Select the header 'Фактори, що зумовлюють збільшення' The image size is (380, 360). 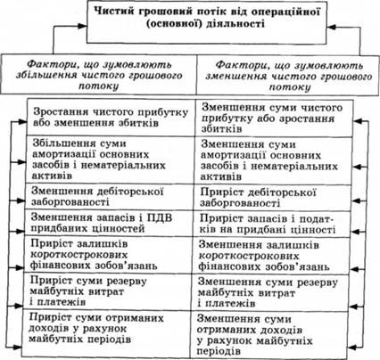click(x=98, y=74)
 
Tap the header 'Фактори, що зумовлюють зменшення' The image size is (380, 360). click(x=288, y=75)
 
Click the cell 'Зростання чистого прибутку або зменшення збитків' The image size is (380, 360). click(x=111, y=118)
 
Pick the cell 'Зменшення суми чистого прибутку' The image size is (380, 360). click(x=274, y=119)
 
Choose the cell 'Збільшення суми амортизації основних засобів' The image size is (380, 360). click(x=110, y=160)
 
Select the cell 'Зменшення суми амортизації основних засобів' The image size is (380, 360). click(x=273, y=160)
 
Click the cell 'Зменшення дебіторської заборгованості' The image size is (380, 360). click(x=109, y=196)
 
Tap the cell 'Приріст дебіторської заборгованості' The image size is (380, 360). click(x=272, y=198)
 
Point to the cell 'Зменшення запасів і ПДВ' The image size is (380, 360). click(x=109, y=223)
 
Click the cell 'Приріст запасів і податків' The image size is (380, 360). click(x=272, y=224)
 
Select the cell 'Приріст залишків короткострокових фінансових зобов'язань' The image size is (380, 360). click(x=108, y=254)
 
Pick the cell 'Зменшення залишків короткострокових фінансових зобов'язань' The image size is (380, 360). click(x=271, y=256)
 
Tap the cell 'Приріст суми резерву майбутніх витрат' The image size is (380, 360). click(x=107, y=291)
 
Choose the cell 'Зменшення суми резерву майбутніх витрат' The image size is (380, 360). click(x=270, y=292)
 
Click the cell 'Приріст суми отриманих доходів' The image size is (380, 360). click(x=106, y=333)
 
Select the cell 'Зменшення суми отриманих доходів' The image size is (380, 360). click(x=269, y=335)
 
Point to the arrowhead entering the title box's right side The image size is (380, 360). click(x=332, y=27)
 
